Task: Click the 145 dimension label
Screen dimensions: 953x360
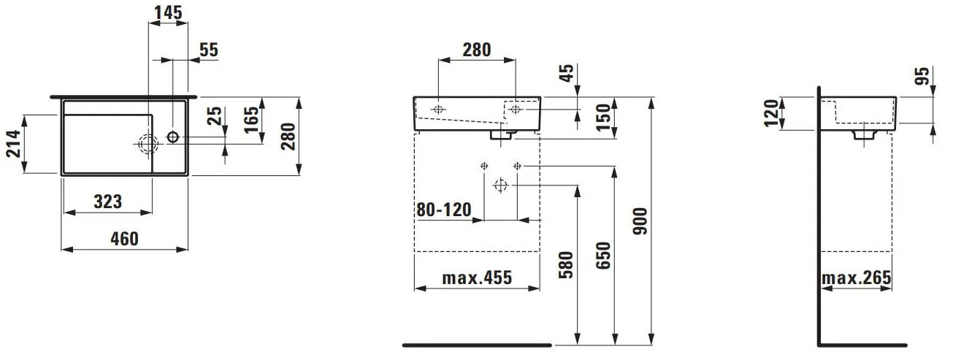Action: pyautogui.click(x=168, y=12)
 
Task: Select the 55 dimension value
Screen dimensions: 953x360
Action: pyautogui.click(x=209, y=50)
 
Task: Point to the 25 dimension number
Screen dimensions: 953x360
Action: pyautogui.click(x=215, y=116)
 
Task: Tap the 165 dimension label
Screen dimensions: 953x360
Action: pyautogui.click(x=251, y=120)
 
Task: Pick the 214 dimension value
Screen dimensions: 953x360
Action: pyautogui.click(x=14, y=144)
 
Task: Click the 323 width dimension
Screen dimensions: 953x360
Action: pyautogui.click(x=107, y=202)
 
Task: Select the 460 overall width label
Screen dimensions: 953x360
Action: pyautogui.click(x=125, y=239)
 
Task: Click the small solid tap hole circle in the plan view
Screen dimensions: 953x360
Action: pyautogui.click(x=173, y=137)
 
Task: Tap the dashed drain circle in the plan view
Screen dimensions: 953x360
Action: pyautogui.click(x=148, y=144)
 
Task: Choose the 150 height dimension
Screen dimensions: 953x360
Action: pyautogui.click(x=603, y=118)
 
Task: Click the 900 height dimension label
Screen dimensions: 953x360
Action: pyautogui.click(x=640, y=221)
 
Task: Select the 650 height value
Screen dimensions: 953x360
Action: pyautogui.click(x=603, y=256)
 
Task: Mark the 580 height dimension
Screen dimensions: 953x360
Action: pyautogui.click(x=566, y=265)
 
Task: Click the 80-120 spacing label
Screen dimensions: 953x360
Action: pyautogui.click(x=444, y=210)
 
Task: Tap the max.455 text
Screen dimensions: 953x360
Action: pyautogui.click(x=477, y=278)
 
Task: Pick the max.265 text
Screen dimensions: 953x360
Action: pyautogui.click(x=857, y=278)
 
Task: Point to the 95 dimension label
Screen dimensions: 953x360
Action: pyautogui.click(x=922, y=76)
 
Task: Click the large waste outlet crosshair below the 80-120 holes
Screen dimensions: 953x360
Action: pyautogui.click(x=501, y=185)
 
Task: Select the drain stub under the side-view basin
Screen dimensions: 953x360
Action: pyautogui.click(x=865, y=135)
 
